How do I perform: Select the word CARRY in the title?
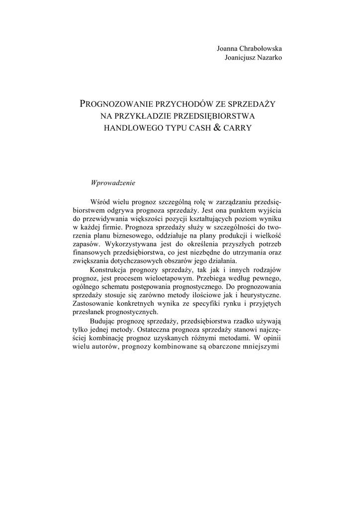pyautogui.click(x=238, y=128)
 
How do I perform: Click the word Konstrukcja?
pyautogui.click(x=109, y=270)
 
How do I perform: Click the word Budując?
pyautogui.click(x=104, y=322)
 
